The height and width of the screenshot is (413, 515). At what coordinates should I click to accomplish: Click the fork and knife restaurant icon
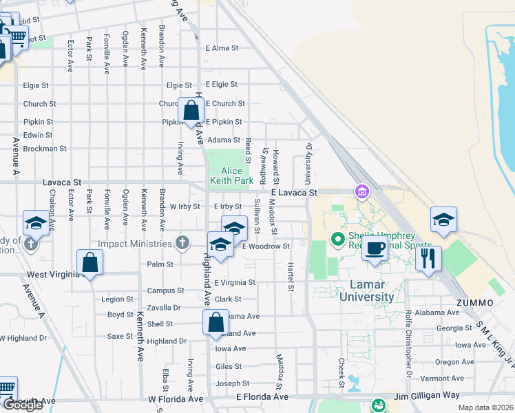click(428, 259)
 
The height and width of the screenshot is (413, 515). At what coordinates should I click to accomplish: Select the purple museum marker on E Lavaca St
click(360, 191)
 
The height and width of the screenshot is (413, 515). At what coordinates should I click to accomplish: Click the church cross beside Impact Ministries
click(182, 243)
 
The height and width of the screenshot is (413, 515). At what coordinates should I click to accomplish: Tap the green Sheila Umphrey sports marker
click(337, 240)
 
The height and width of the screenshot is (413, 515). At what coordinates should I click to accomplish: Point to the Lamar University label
click(366, 291)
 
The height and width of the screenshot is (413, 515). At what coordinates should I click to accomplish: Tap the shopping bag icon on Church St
click(191, 110)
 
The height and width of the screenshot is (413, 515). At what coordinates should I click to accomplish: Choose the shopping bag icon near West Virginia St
click(90, 262)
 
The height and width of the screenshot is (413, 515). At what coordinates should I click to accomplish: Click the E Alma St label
click(222, 48)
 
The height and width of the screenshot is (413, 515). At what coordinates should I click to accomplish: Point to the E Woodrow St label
click(266, 246)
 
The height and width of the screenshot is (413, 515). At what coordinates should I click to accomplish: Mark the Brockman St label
click(44, 148)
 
